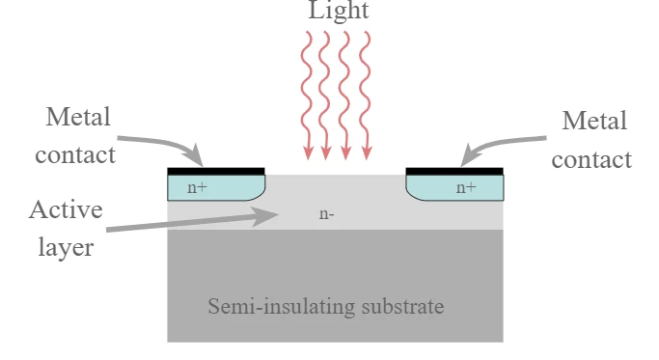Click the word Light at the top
pyautogui.click(x=339, y=10)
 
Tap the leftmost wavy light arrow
pyautogui.click(x=307, y=95)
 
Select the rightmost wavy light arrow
pyautogui.click(x=366, y=95)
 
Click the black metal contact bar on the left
pyautogui.click(x=216, y=171)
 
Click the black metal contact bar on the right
pyautogui.click(x=454, y=171)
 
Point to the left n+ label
pyautogui.click(x=197, y=187)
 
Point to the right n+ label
pyautogui.click(x=466, y=187)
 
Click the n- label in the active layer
pyautogui.click(x=326, y=214)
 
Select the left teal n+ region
pyautogui.click(x=216, y=187)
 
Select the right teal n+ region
pyautogui.click(x=454, y=187)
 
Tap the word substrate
pyautogui.click(x=402, y=306)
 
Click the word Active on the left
pyautogui.click(x=66, y=209)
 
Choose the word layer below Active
pyautogui.click(x=66, y=247)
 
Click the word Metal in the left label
pyautogui.click(x=78, y=116)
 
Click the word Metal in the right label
pyautogui.click(x=594, y=121)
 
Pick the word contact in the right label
pyautogui.click(x=591, y=160)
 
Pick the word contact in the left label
pyautogui.click(x=75, y=155)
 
